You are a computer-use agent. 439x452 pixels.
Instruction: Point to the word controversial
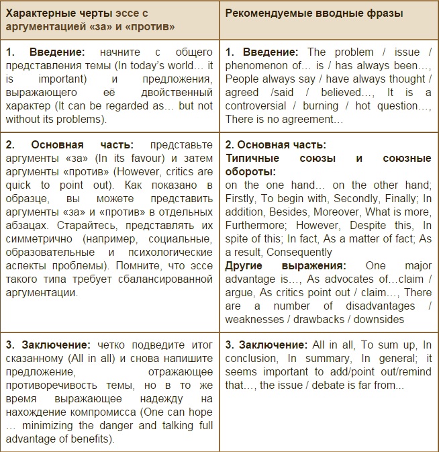point(256,106)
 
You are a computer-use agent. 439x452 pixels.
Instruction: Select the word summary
point(324,359)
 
